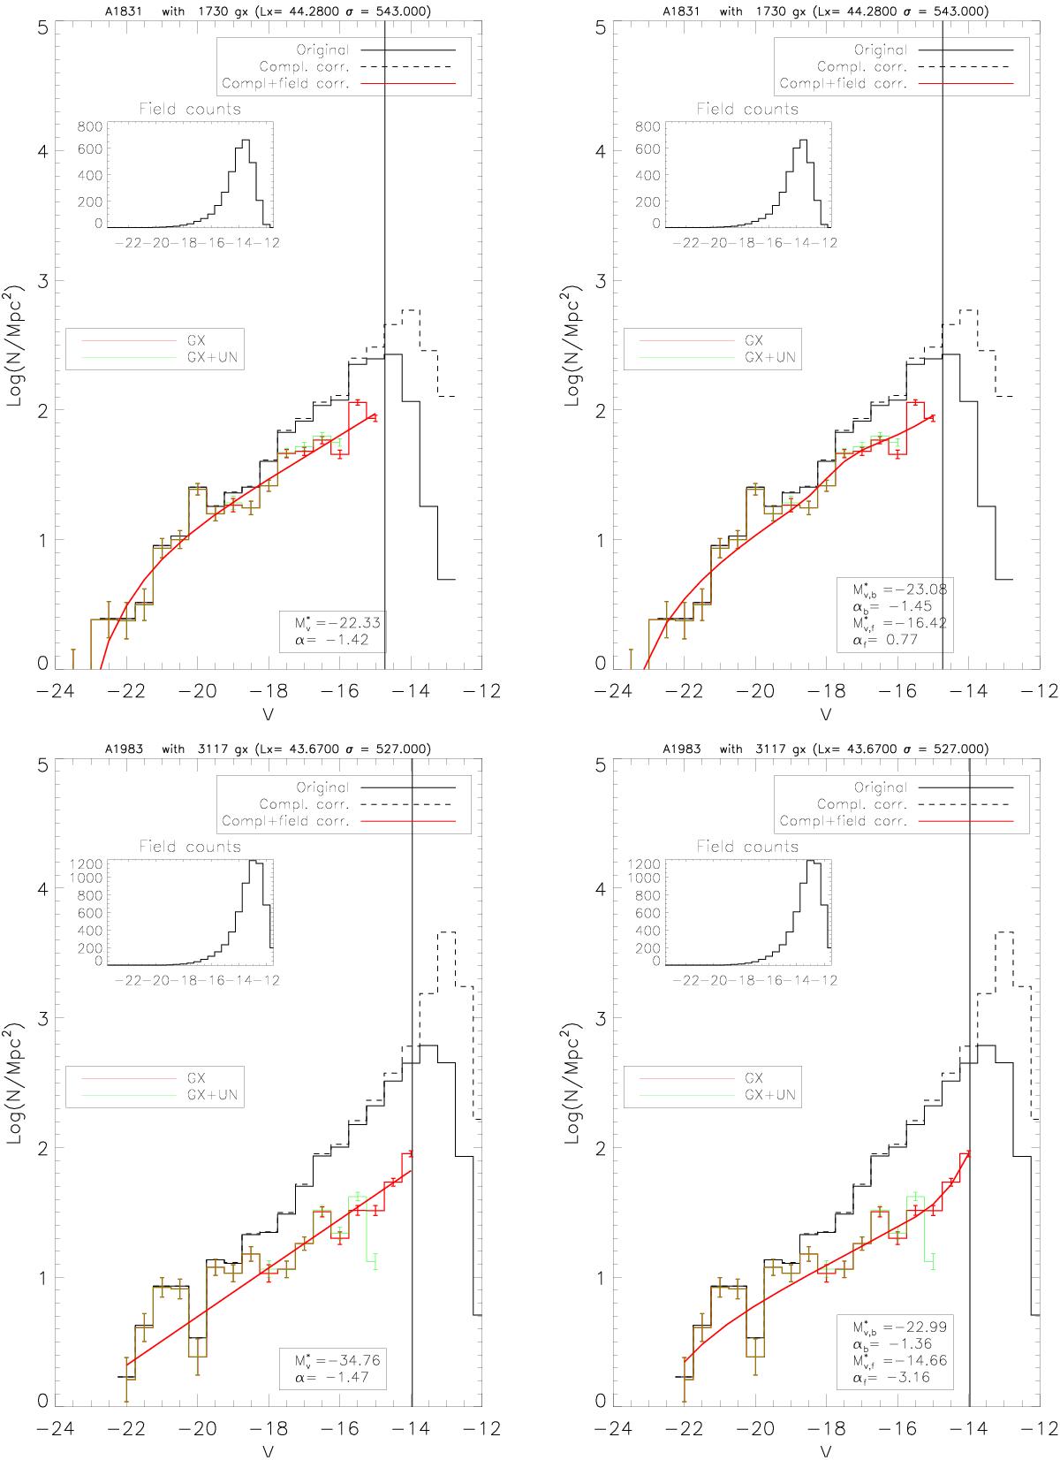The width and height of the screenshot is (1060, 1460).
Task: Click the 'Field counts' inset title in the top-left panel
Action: [190, 110]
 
